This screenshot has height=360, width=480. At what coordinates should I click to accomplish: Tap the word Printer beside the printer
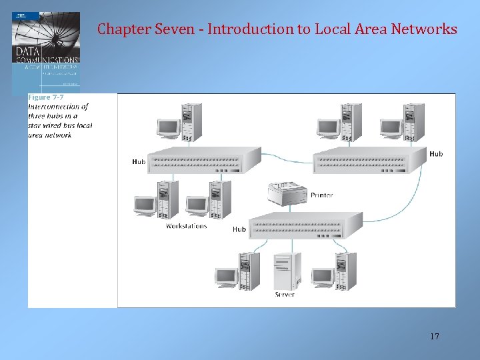coord(321,195)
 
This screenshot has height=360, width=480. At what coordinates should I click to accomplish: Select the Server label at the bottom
coord(285,294)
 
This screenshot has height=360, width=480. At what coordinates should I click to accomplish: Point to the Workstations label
coord(186,226)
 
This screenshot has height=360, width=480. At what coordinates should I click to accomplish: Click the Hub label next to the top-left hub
coord(139,162)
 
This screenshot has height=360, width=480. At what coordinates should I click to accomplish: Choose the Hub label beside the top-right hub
coord(436,154)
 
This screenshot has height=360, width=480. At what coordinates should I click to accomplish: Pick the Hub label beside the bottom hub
coord(239,229)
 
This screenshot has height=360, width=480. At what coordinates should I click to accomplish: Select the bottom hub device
coord(305,225)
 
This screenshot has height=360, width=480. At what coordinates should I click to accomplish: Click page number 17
coord(435,336)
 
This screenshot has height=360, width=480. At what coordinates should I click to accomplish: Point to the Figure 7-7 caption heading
coord(46,97)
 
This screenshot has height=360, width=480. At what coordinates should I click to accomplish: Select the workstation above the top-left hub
coord(179,121)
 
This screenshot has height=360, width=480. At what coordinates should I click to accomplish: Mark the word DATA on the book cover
coord(28,51)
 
